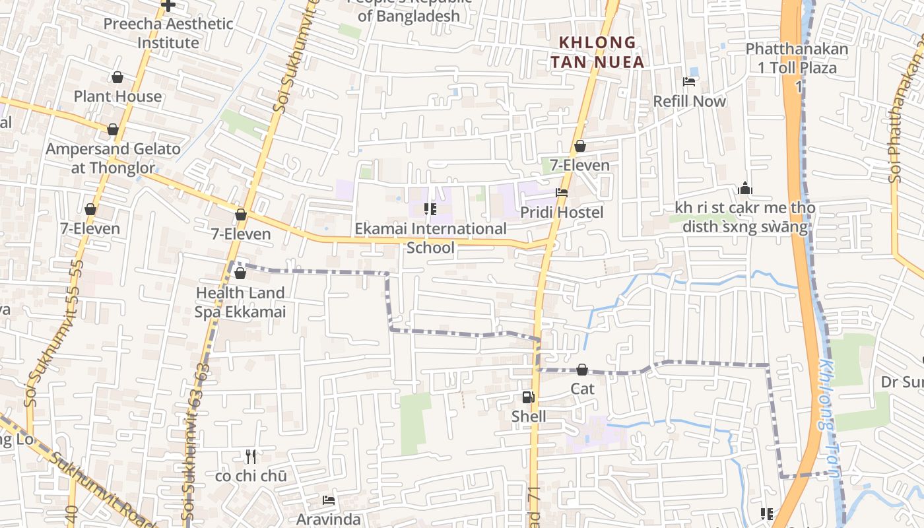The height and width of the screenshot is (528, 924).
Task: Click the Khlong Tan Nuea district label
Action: coord(601,52)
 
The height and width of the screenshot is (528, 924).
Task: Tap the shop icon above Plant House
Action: coord(117,78)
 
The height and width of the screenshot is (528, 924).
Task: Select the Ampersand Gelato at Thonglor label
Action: coord(113,158)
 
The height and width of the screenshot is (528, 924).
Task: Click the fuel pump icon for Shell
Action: coord(528,397)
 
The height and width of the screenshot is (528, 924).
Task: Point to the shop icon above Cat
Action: coord(582,370)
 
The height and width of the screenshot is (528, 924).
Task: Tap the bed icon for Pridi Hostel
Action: coord(562,193)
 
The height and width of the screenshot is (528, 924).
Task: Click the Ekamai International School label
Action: coord(431,238)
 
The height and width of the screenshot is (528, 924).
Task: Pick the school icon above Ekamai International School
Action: coord(430,209)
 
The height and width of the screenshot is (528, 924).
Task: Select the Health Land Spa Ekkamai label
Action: coord(240,302)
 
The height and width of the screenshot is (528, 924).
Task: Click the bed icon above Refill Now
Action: coord(689,82)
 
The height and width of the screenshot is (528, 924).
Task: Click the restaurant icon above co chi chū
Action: coord(251,456)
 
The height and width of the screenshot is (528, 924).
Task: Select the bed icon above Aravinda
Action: coord(329,500)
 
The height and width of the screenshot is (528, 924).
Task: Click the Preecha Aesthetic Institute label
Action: coord(168,33)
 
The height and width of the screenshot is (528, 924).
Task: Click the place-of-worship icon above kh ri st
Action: coord(745,189)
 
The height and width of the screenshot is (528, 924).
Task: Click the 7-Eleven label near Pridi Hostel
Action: coord(580,165)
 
